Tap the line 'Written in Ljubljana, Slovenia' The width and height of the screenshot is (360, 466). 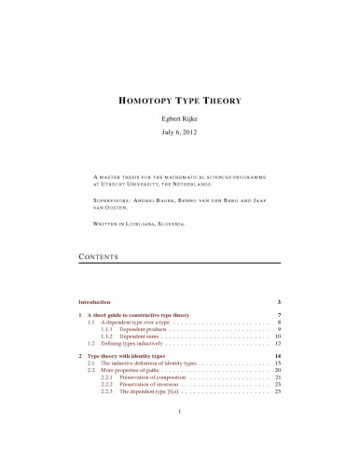click(141, 224)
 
